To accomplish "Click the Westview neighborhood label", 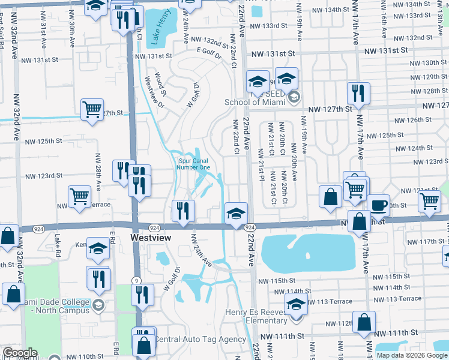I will (x=151, y=238).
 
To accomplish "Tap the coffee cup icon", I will (x=378, y=205).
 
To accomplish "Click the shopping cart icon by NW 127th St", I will (x=92, y=110).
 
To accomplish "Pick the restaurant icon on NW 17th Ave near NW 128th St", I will (x=358, y=93).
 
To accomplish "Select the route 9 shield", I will (x=137, y=280).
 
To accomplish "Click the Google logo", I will (x=19, y=353).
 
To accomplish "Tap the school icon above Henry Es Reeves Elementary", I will (x=296, y=304).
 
